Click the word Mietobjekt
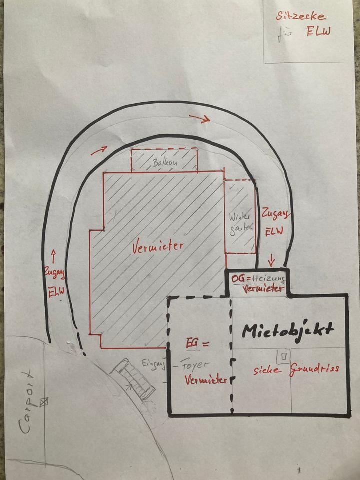click(288, 330)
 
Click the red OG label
click(239, 277)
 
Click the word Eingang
click(153, 364)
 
